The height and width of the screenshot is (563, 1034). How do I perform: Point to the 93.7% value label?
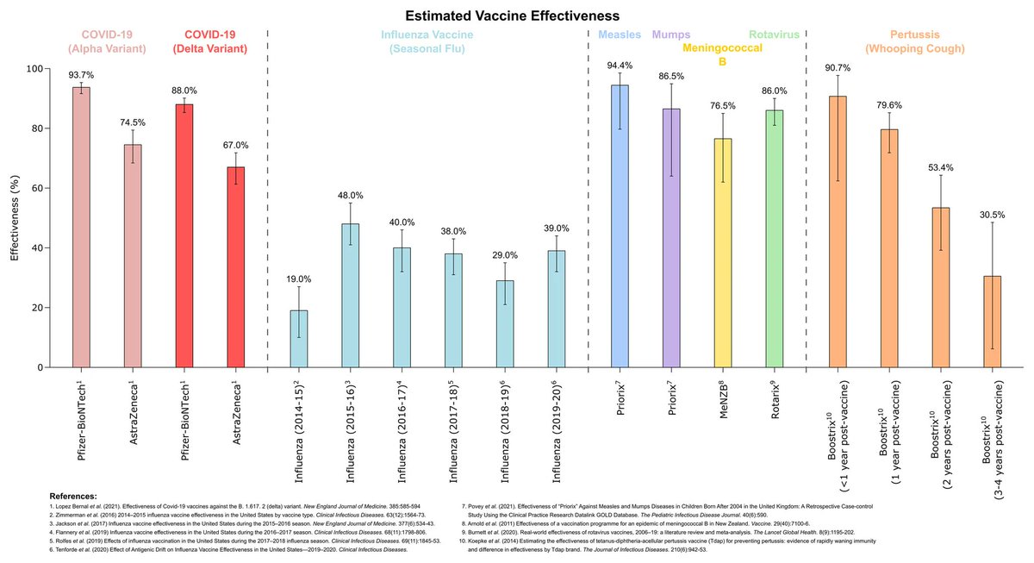pos(80,74)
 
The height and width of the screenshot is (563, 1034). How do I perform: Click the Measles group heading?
pos(620,34)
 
